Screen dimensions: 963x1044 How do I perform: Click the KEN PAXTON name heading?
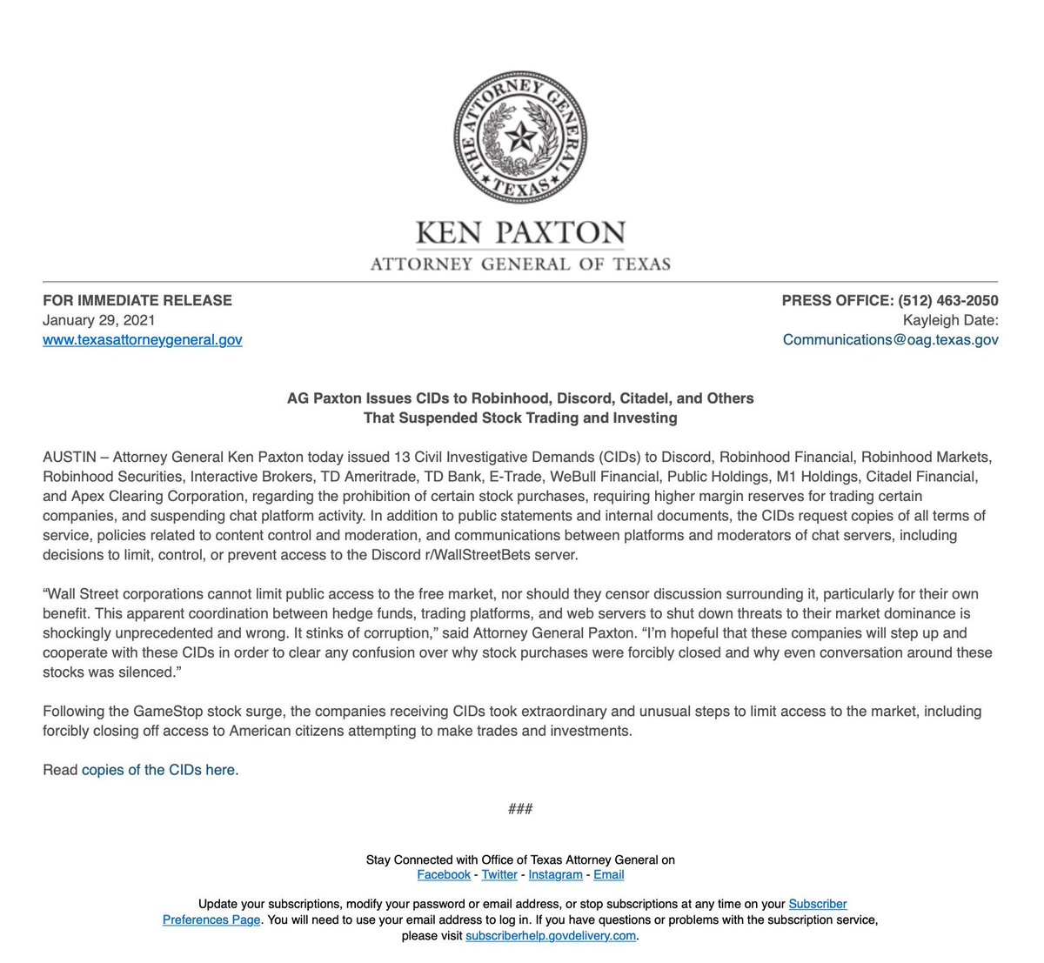click(521, 232)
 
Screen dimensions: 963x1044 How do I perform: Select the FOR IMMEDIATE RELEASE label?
click(137, 300)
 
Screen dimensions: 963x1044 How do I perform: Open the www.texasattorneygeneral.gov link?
click(143, 340)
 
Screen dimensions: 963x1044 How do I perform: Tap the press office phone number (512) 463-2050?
click(948, 300)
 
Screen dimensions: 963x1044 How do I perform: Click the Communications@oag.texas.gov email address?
click(890, 340)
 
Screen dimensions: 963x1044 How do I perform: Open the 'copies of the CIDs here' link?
click(158, 770)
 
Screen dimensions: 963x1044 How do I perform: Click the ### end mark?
click(520, 809)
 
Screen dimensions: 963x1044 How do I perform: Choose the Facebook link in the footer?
click(444, 874)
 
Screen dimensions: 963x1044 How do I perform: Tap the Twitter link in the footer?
click(499, 874)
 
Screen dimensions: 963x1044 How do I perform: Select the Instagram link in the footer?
click(555, 874)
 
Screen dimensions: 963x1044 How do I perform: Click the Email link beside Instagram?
click(609, 874)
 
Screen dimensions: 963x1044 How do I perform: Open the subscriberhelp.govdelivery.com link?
click(551, 936)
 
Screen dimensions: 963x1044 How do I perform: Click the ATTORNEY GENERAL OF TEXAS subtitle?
click(521, 264)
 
